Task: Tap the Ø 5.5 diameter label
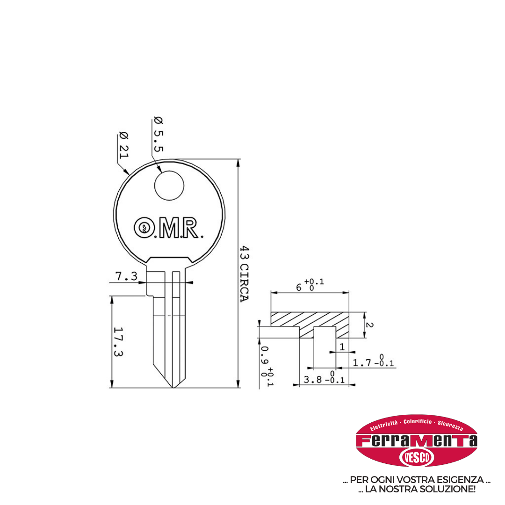pos(159,134)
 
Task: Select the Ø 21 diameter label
pos(124,145)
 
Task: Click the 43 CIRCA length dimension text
pos(245,274)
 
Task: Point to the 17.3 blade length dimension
pos(118,342)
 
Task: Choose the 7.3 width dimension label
pos(126,276)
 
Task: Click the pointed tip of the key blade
pos(173,388)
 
